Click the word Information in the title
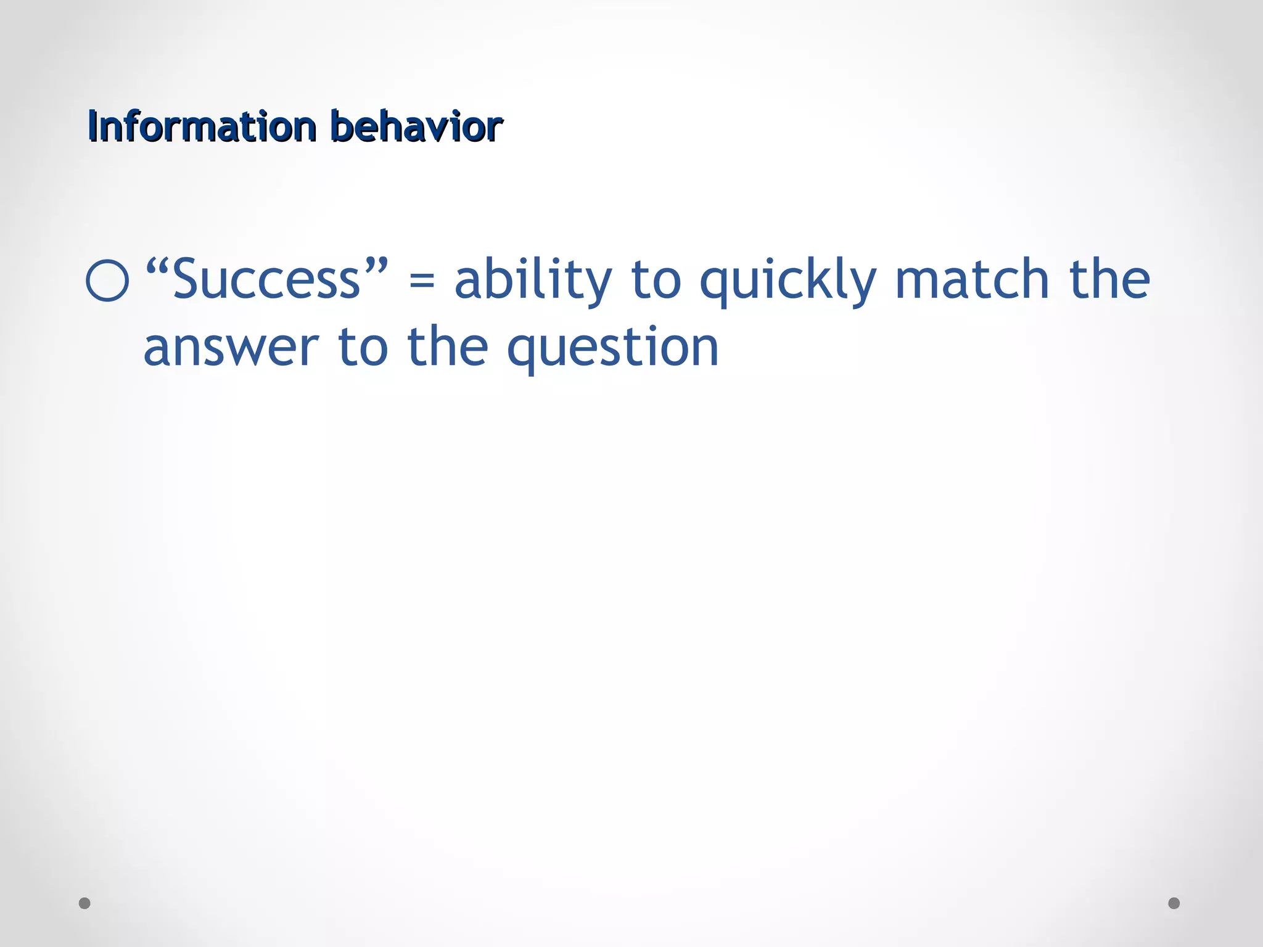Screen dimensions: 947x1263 pos(202,126)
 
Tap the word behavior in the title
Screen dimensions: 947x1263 pos(416,126)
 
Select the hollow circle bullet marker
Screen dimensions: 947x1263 pos(108,281)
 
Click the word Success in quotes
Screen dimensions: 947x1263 pos(266,281)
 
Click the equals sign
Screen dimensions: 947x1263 pos(422,282)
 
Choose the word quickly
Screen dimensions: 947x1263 pos(788,281)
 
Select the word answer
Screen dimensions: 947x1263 pos(231,349)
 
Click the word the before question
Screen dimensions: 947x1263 pos(448,346)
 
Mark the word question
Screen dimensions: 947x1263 pos(612,349)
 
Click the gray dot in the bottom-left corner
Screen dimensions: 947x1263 pos(85,903)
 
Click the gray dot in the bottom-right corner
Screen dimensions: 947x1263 pos(1174,903)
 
